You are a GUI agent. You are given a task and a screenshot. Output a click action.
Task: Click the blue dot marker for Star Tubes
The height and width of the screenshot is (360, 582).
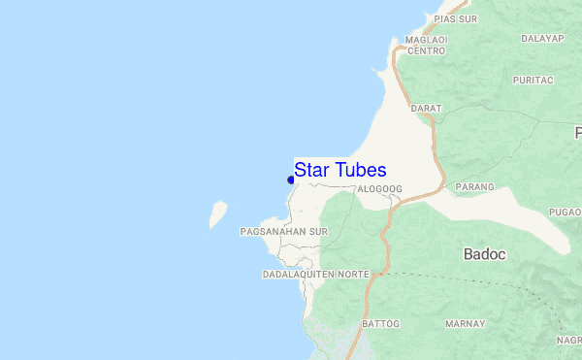(291, 179)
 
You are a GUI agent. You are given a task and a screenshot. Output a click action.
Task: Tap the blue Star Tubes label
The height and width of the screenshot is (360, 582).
(340, 169)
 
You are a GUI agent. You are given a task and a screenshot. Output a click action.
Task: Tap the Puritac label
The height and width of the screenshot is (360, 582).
(533, 80)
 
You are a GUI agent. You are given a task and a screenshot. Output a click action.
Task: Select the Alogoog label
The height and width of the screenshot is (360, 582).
(379, 189)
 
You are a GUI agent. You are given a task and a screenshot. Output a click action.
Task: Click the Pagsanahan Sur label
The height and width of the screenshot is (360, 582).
(283, 232)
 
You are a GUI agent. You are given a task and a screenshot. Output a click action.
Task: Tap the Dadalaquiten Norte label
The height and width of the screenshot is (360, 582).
(316, 275)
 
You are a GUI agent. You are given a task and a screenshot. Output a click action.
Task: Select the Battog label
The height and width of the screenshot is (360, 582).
(380, 323)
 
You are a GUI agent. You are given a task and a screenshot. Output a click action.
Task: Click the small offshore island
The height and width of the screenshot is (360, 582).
(218, 213)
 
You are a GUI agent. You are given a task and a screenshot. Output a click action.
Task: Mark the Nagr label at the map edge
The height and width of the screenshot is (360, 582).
(569, 341)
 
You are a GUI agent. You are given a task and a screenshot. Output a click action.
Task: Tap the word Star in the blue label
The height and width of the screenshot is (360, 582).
(311, 169)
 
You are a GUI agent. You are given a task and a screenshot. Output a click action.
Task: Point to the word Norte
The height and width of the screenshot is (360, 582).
(353, 275)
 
